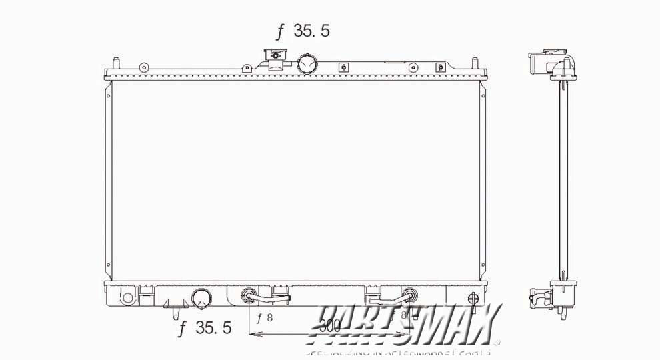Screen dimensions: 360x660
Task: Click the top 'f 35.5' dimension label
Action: [303, 31]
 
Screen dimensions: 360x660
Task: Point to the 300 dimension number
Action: [330, 325]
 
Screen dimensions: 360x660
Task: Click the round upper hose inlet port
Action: [307, 63]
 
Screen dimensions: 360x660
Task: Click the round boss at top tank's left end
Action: [143, 67]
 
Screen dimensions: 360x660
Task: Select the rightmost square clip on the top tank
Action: [439, 67]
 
